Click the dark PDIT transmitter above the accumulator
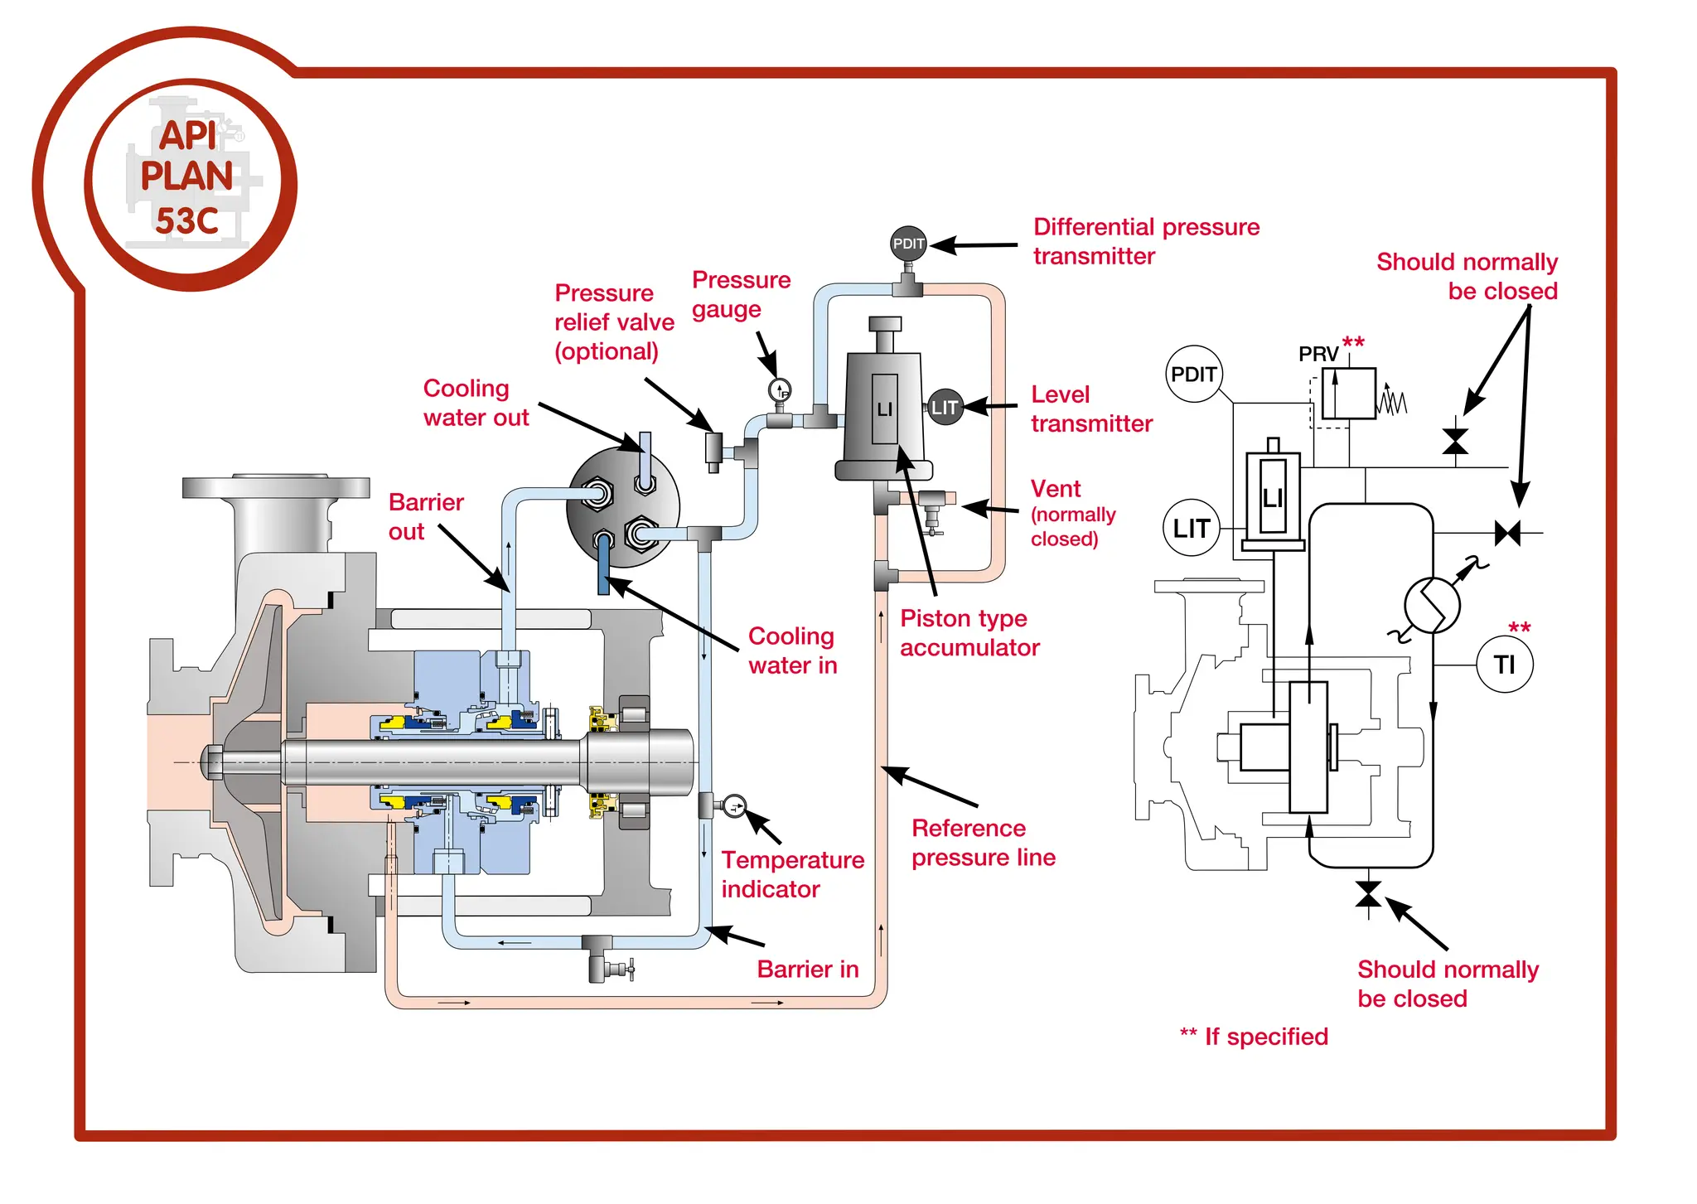coord(908,243)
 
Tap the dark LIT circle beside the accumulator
coord(945,407)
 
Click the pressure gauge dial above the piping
coord(780,389)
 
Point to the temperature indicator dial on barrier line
coord(734,805)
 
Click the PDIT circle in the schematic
coord(1193,374)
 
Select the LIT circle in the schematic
coord(1191,527)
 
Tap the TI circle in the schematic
coord(1504,664)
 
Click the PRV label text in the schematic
coord(1317,354)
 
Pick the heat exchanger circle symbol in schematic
coord(1432,605)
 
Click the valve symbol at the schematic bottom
coord(1368,895)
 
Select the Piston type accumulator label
coord(969,632)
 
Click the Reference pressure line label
coord(983,842)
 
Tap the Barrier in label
coord(807,969)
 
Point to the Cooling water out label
coord(475,403)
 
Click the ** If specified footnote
coord(1253,1036)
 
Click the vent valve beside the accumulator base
coord(933,507)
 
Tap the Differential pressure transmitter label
coord(1145,241)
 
